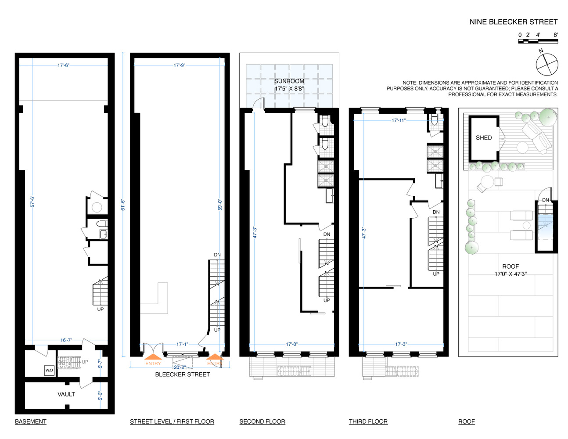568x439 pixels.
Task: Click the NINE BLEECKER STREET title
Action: [x=514, y=22]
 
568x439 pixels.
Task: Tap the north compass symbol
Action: [x=546, y=64]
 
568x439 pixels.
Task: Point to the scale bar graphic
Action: [x=538, y=41]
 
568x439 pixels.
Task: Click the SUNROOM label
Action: [x=289, y=81]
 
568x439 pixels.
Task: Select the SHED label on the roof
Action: [x=484, y=138]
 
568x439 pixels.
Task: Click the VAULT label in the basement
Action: [x=66, y=394]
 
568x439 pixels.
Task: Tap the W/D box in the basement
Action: [x=49, y=370]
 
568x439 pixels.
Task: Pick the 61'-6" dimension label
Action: [x=123, y=205]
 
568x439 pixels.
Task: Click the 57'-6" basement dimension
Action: [x=32, y=202]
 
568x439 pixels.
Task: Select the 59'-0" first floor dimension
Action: [x=220, y=205]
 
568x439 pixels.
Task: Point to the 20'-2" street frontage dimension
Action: [x=180, y=367]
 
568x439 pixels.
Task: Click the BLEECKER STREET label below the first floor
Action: [x=183, y=374]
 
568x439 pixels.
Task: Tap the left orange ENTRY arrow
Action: [x=153, y=356]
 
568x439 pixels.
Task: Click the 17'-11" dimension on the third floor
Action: [x=399, y=120]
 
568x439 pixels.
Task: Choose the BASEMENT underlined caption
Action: [x=31, y=421]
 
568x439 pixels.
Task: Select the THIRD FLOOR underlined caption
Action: [x=368, y=421]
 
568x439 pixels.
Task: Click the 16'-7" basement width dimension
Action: [x=66, y=340]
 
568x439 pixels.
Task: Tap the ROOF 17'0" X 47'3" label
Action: [x=510, y=270]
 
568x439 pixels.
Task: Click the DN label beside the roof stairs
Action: [x=546, y=200]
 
